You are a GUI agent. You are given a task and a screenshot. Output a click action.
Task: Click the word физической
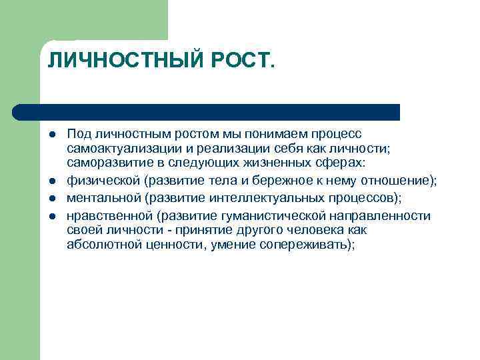pos(103,181)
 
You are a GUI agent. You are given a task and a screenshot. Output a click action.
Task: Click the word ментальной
pos(103,198)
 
